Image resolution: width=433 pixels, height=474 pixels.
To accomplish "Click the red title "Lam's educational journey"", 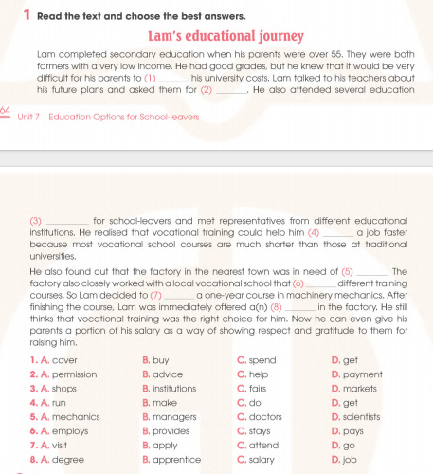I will click(226, 37).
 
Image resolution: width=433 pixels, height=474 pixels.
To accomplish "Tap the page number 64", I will click(6, 111).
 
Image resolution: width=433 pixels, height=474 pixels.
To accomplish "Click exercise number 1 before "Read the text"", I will click(27, 16).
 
